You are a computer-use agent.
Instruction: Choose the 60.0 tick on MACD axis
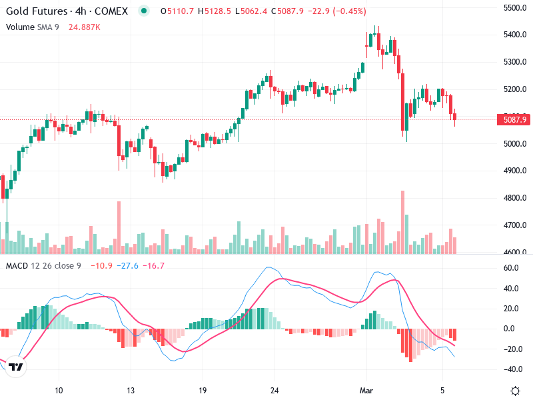click(x=511, y=268)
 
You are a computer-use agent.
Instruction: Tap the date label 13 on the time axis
click(x=131, y=390)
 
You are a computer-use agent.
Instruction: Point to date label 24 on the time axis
click(x=274, y=390)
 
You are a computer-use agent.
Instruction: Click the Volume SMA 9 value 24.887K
click(x=85, y=27)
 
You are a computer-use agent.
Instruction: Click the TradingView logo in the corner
click(x=17, y=367)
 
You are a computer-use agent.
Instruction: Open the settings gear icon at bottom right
click(x=515, y=390)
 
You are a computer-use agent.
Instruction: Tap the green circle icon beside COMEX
click(x=143, y=11)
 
